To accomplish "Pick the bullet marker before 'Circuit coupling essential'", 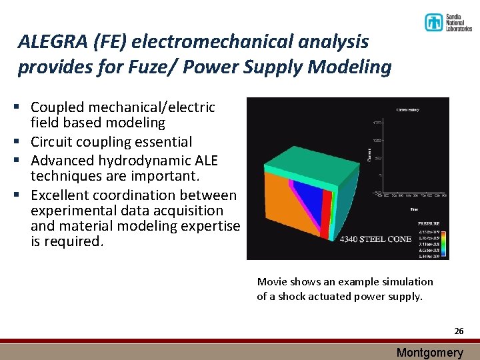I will pos(22,142).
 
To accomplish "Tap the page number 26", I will pos(458,331).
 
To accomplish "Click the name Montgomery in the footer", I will pos(429,353).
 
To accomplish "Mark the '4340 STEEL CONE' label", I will pos(376,239).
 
